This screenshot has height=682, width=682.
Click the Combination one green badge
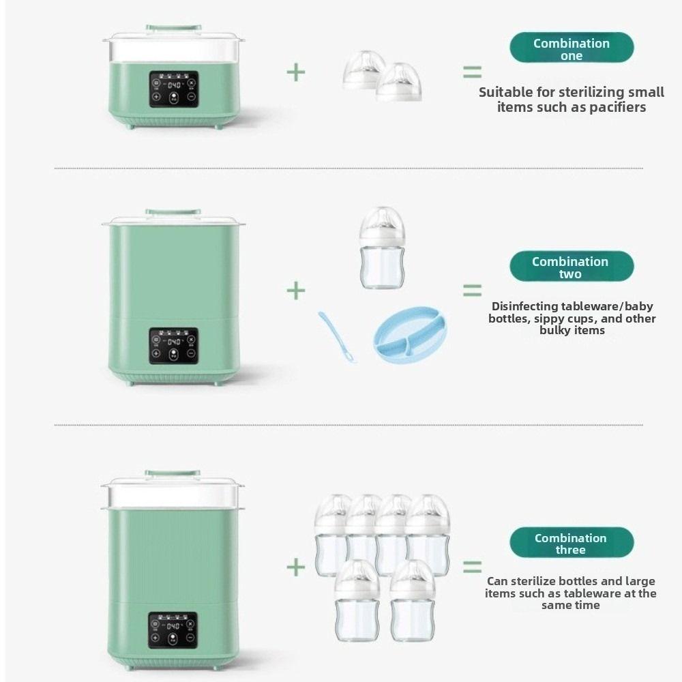pyautogui.click(x=572, y=48)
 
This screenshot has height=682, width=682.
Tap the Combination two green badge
pyautogui.click(x=572, y=267)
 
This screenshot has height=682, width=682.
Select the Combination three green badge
pyautogui.click(x=572, y=543)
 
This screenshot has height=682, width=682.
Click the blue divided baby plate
pyautogui.click(x=410, y=333)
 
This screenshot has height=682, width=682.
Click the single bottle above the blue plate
pyautogui.click(x=382, y=248)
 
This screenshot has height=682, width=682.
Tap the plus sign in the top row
pyautogui.click(x=295, y=72)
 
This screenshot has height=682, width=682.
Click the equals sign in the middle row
pyautogui.click(x=472, y=291)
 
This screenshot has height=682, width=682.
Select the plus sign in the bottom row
pyautogui.click(x=295, y=566)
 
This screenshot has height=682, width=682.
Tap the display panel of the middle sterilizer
pyautogui.click(x=173, y=346)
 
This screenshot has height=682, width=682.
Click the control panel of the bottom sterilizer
pyautogui.click(x=173, y=630)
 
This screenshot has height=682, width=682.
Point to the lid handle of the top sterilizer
pyautogui.click(x=173, y=29)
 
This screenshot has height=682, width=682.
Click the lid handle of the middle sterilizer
pyautogui.click(x=173, y=212)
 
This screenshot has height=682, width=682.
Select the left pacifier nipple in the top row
pyautogui.click(x=364, y=70)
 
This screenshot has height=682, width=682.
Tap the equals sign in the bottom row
pyautogui.click(x=472, y=567)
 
